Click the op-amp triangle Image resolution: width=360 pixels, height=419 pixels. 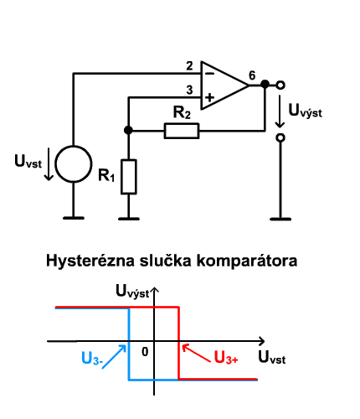tap(202, 85)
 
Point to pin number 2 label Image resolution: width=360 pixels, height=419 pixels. tap(189, 66)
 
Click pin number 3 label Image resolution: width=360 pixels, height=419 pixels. tap(189, 90)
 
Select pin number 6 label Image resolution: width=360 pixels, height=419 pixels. tap(252, 75)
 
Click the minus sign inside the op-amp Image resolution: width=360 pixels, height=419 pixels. tap(209, 74)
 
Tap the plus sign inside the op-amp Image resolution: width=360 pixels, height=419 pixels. tap(209, 97)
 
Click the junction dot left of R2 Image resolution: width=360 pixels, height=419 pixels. tap(128, 130)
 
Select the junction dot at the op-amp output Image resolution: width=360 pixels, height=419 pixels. tap(265, 84)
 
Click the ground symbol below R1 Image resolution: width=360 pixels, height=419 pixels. tap(129, 219)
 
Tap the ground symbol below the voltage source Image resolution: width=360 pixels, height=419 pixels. tap(74, 218)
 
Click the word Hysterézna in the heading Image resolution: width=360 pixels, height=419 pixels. tap(90, 261)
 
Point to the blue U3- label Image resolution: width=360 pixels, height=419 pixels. tap(92, 359)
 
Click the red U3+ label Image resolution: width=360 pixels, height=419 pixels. tap(226, 357)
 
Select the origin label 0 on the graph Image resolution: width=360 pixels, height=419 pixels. tap(145, 352)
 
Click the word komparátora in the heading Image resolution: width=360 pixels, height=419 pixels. tap(247, 261)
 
